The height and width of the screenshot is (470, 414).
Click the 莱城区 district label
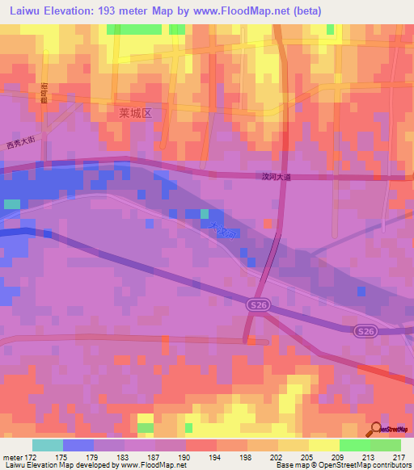click(134, 114)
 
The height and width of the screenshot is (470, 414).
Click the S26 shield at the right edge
click(365, 331)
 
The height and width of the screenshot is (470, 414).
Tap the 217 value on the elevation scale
click(399, 456)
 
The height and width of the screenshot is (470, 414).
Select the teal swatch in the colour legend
click(48, 445)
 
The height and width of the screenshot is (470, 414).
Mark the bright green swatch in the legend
click(354, 445)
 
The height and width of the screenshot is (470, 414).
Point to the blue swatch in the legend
click(78, 445)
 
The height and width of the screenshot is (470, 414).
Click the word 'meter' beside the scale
click(15, 456)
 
